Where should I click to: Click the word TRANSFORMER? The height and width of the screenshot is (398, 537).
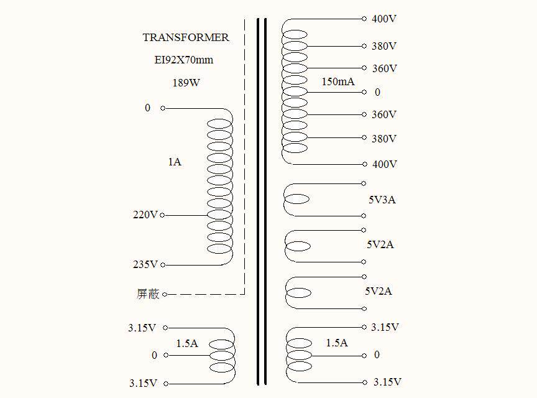click(x=186, y=37)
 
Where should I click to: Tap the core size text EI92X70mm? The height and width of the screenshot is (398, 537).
click(x=184, y=60)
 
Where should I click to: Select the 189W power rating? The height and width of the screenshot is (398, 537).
click(x=186, y=82)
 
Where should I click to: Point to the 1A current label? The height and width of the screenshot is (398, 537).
click(x=175, y=162)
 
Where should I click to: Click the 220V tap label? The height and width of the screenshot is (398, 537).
click(x=145, y=215)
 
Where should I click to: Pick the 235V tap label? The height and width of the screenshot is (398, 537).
click(x=145, y=265)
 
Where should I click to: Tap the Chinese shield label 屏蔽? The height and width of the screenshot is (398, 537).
click(x=148, y=294)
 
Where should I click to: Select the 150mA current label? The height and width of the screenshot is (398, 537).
click(x=338, y=82)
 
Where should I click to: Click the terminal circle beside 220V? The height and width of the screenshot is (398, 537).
click(x=163, y=216)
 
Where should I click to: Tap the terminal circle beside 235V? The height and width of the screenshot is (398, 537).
click(x=163, y=266)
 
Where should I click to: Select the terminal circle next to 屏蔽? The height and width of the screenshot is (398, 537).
click(x=165, y=294)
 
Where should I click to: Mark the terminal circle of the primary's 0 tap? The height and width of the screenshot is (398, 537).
click(x=163, y=108)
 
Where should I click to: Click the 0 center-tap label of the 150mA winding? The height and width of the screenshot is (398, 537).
click(x=377, y=92)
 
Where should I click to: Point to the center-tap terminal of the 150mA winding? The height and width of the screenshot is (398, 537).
click(x=364, y=92)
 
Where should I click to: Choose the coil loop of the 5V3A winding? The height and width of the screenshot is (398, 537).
click(x=296, y=200)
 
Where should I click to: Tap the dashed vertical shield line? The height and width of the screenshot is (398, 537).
click(x=244, y=155)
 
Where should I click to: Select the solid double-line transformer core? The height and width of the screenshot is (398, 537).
click(x=262, y=199)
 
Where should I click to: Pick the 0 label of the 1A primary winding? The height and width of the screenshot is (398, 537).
click(x=148, y=108)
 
